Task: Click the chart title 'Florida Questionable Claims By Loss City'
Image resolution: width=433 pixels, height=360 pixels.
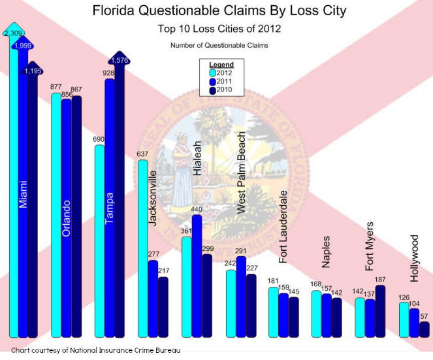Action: pos(219,11)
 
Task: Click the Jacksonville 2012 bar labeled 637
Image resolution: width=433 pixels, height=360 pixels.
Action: pos(143,248)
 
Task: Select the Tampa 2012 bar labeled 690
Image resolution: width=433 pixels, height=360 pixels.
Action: pos(100,242)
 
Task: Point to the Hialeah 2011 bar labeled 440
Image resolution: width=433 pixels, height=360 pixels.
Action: pos(197,274)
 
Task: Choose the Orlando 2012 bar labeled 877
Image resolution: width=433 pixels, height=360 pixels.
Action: pos(56,216)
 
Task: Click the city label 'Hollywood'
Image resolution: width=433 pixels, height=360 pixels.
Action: pos(414,259)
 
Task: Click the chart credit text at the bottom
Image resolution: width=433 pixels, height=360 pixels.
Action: pos(95,351)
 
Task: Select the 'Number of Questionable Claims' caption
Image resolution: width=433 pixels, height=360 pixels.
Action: pos(219,45)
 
